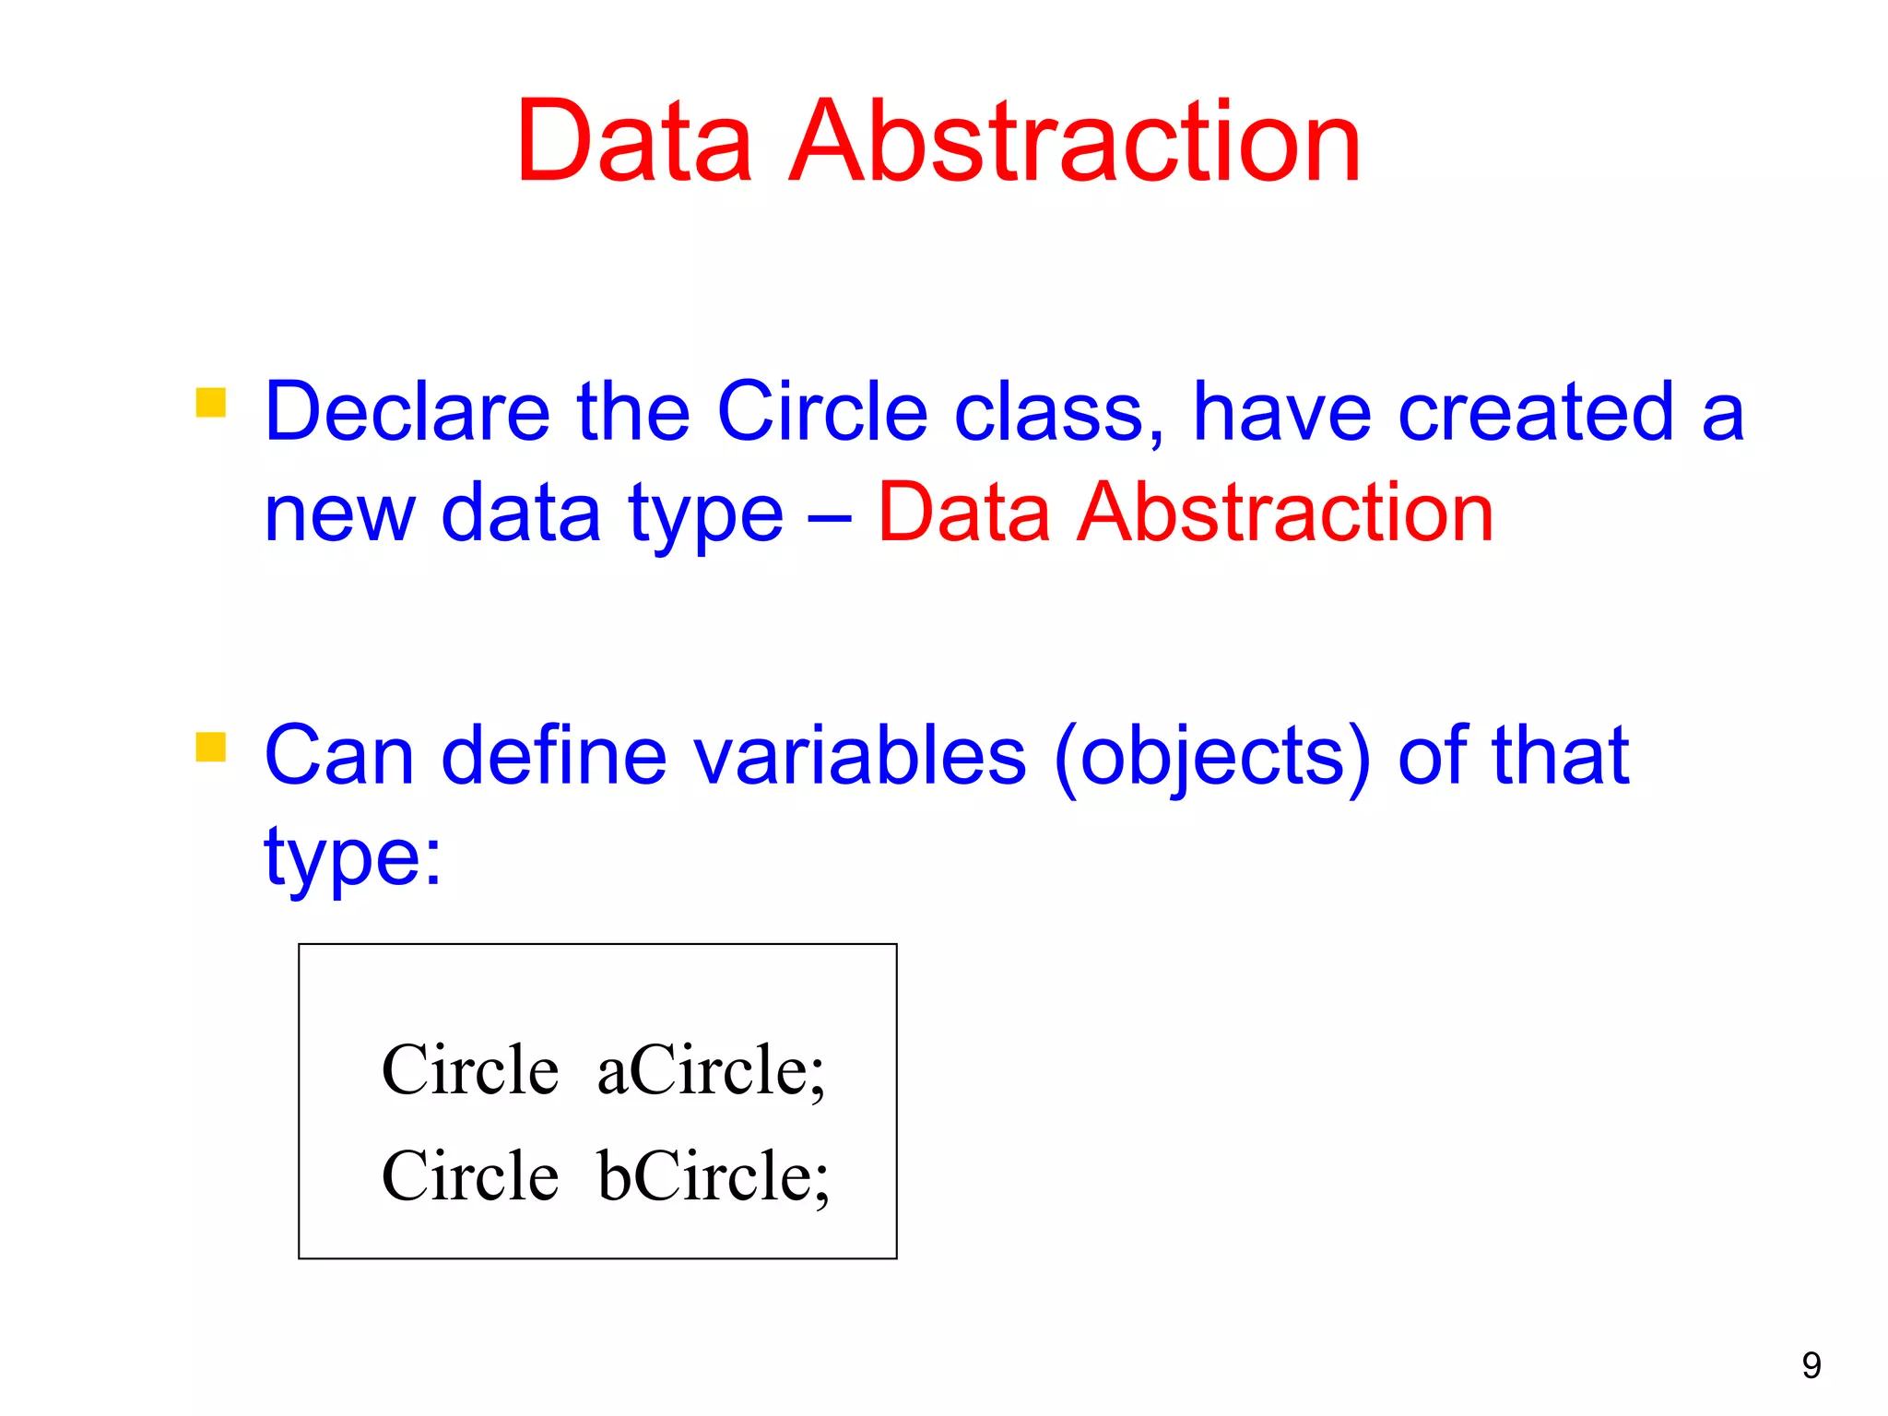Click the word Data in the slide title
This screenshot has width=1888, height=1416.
634,143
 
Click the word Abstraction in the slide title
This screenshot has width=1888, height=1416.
1075,143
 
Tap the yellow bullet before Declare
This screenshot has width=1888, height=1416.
211,403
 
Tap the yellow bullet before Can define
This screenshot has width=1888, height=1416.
211,747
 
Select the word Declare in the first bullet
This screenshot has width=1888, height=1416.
407,412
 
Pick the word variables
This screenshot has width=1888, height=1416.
859,756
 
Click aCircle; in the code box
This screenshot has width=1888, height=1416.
711,1070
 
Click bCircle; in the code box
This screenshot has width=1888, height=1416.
714,1176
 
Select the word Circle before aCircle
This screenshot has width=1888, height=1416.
470,1070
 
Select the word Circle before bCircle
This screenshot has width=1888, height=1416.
470,1176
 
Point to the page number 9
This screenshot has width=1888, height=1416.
1811,1365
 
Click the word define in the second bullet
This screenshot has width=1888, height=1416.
553,756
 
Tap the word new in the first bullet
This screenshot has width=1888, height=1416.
339,514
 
